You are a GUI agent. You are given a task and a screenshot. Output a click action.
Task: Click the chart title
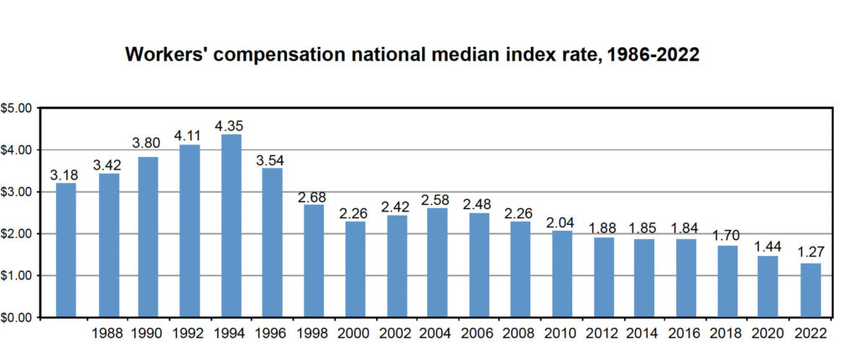412,55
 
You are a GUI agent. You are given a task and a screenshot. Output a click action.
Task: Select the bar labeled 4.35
232,226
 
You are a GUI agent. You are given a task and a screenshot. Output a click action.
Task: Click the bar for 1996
273,243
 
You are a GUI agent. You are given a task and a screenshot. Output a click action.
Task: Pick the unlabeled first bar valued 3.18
67,250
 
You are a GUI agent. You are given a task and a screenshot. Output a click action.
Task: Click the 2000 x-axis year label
356,333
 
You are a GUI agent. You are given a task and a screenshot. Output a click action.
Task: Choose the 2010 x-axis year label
561,333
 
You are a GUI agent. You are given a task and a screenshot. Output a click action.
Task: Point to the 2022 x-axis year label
808,333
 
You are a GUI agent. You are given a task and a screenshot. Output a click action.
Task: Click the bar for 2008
520,269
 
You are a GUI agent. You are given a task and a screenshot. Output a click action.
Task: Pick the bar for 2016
685,279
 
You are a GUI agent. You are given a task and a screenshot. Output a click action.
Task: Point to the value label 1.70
726,235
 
